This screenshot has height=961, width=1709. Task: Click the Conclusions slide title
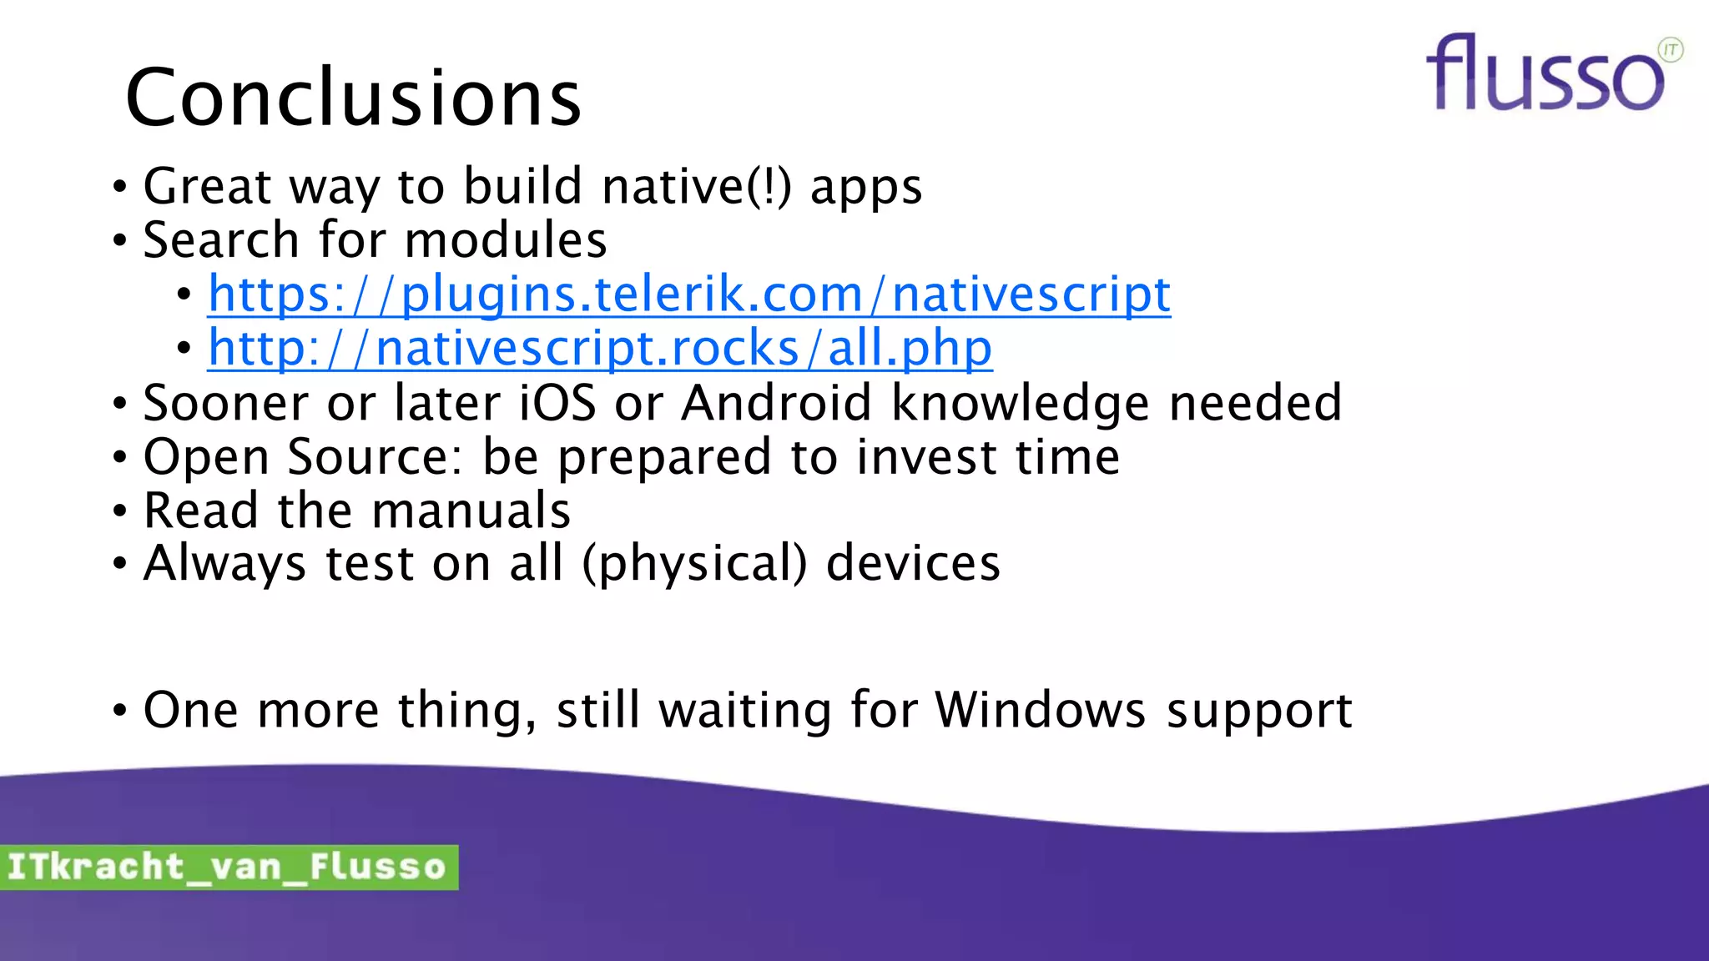click(x=353, y=98)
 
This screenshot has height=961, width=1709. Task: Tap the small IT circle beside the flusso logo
click(x=1670, y=50)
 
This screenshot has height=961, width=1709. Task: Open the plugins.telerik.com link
click(x=689, y=294)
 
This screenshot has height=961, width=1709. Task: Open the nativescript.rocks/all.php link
click(x=600, y=348)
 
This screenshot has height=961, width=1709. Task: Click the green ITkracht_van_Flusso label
click(x=228, y=867)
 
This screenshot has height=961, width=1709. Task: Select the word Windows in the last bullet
click(x=1040, y=710)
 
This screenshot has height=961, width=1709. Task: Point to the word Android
click(x=777, y=403)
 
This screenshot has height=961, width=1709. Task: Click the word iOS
click(x=557, y=403)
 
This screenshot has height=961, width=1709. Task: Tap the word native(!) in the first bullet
click(x=696, y=186)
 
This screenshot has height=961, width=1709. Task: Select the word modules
click(x=506, y=240)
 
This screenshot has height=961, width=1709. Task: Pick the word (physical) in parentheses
click(x=694, y=564)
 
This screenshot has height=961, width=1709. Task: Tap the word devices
click(x=913, y=563)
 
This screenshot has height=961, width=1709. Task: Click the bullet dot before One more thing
click(x=120, y=712)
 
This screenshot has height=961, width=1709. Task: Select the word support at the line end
click(x=1258, y=712)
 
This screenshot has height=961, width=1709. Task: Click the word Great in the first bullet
click(x=207, y=186)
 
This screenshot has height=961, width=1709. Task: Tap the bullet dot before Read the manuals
click(x=120, y=511)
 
